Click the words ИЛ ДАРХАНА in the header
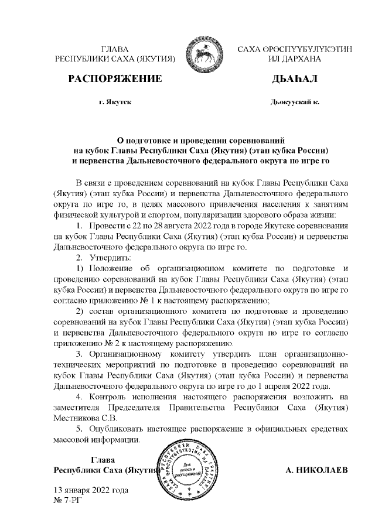click(291, 59)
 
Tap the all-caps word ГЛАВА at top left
click(115, 50)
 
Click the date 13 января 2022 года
click(91, 490)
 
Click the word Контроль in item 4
click(108, 397)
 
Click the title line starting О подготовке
click(201, 140)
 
